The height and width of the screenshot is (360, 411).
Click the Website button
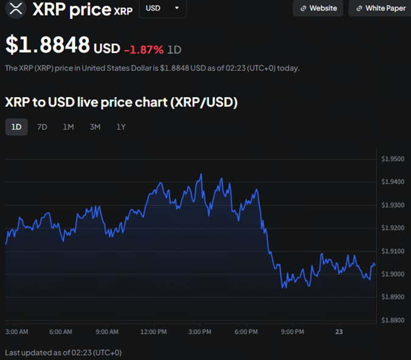point(318,9)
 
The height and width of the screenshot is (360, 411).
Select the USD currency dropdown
point(162,9)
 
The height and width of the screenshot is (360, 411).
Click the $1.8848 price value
point(47,45)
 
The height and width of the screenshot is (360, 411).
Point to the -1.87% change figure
point(143,49)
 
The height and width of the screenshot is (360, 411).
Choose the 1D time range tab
point(16,126)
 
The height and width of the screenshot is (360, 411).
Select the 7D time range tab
point(42,126)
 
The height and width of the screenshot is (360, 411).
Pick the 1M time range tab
point(68,126)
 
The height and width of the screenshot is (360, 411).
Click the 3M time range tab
point(95,126)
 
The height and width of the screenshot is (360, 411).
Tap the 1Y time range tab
point(121,126)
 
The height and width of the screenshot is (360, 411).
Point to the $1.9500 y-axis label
point(392,159)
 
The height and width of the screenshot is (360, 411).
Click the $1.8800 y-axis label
point(392,320)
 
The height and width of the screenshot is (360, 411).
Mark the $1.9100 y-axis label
point(392,251)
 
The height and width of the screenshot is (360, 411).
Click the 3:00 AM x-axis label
point(16,331)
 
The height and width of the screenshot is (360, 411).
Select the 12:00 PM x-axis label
point(153,331)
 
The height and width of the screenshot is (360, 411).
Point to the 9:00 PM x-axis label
point(292,331)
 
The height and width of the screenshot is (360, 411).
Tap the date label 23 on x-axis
point(339,331)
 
